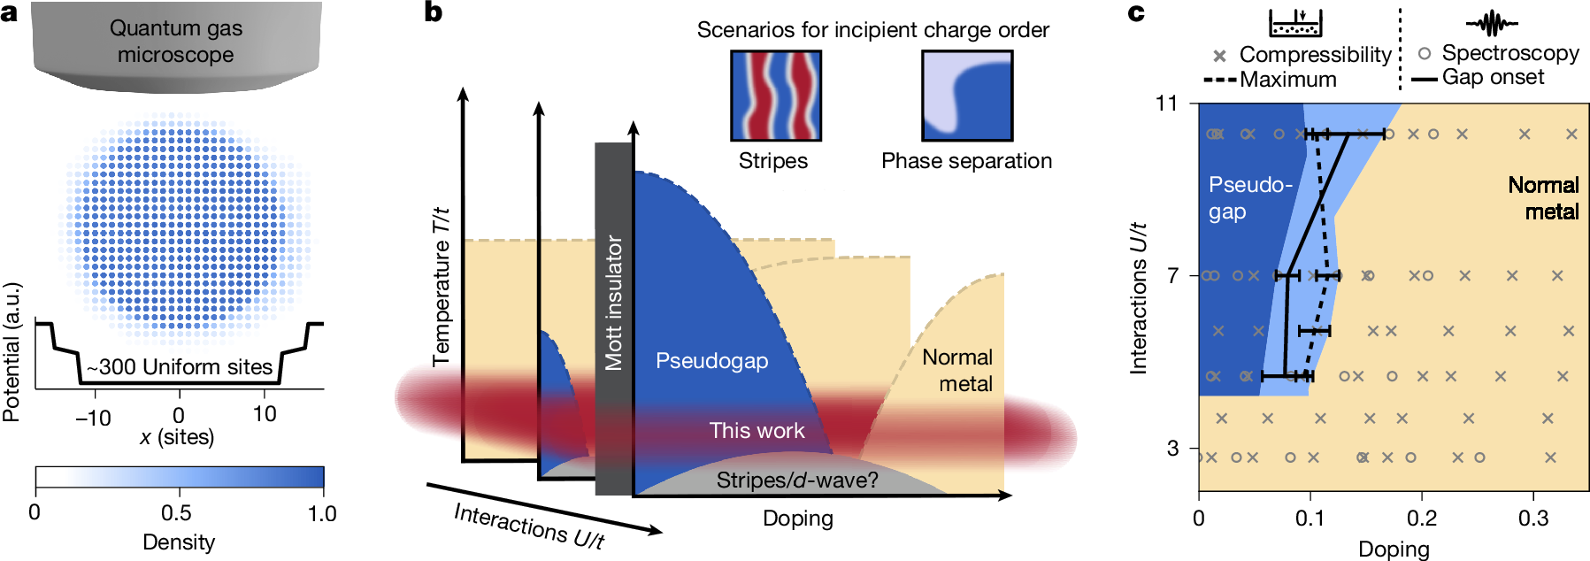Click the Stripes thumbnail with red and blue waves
775,96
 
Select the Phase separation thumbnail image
967,96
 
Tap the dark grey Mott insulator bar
613,319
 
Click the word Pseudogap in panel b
711,361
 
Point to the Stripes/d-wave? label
797,480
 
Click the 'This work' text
757,430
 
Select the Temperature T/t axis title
441,287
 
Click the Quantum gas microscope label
176,42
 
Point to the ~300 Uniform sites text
179,367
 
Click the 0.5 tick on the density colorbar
176,513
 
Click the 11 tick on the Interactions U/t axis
1167,104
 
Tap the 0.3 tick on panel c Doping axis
1533,519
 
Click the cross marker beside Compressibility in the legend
1219,56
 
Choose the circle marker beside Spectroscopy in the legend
1425,53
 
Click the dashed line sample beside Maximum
1219,81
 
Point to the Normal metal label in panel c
1544,198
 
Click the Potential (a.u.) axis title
12,352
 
